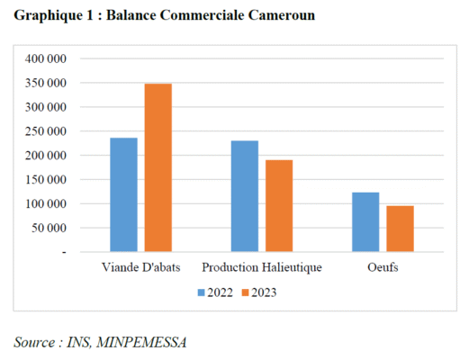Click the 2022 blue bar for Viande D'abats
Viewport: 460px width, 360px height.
[x=123, y=194]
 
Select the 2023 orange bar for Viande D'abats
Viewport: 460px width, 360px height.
[x=158, y=167]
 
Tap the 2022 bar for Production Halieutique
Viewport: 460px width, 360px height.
[x=244, y=196]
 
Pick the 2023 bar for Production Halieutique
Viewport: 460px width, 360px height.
[x=279, y=205]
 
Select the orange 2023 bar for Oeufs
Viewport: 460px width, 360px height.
[x=401, y=229]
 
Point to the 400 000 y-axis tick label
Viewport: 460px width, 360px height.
[x=47, y=58]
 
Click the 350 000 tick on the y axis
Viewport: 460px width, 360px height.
[x=47, y=83]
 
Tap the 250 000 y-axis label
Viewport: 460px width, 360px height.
[x=47, y=131]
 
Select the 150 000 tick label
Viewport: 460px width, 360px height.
[x=47, y=180]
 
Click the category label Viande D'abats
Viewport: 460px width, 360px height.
[x=141, y=268]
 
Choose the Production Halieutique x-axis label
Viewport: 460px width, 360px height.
[x=261, y=268]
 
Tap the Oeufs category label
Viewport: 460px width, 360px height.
[x=383, y=268]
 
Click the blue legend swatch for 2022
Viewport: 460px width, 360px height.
[x=202, y=292]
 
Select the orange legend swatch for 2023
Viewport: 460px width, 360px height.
[x=244, y=292]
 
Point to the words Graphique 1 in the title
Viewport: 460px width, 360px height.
[x=51, y=16]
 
